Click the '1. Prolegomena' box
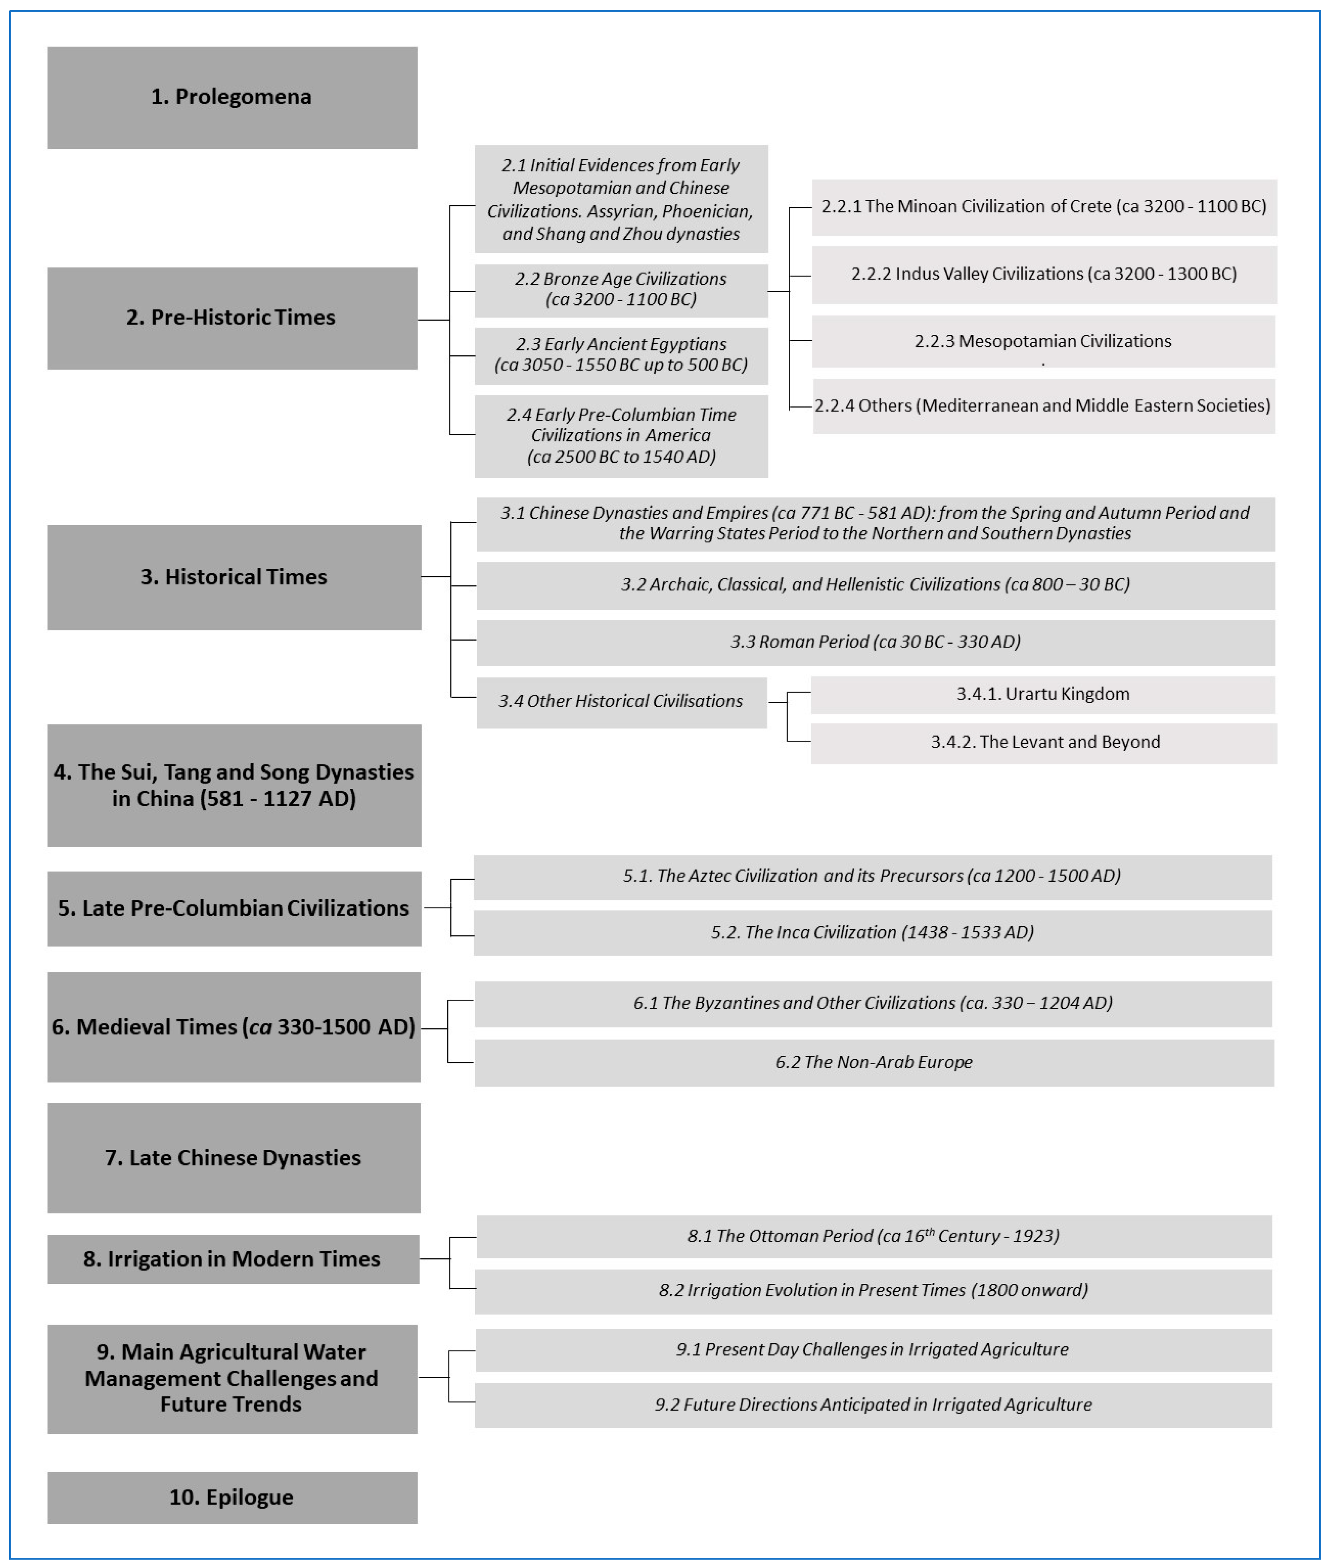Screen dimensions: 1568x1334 click(232, 98)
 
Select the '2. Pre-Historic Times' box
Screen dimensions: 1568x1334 click(232, 318)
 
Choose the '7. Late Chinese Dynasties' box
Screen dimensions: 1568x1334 click(234, 1157)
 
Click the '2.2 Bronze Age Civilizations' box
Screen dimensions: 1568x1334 click(621, 290)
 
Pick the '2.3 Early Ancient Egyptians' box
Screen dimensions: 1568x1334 click(621, 355)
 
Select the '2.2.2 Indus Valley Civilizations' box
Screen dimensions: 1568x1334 click(1044, 275)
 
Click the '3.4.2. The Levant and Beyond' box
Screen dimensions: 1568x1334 click(1044, 742)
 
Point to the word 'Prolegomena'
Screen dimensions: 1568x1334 click(243, 98)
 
